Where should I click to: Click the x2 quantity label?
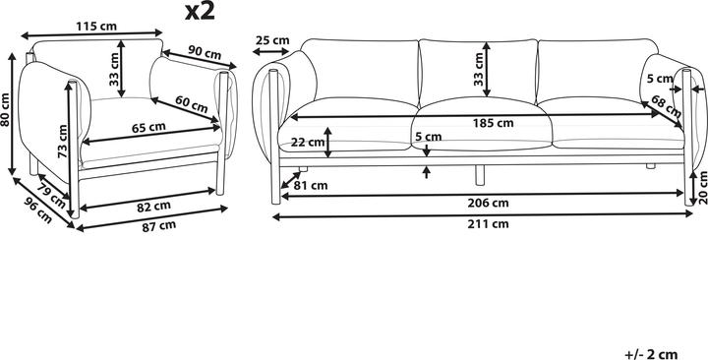(x=201, y=12)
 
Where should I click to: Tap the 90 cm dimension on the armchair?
(x=203, y=51)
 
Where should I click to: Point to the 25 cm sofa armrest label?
(x=272, y=40)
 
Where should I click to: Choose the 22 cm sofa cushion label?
(x=308, y=142)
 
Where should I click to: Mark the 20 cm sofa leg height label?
(x=699, y=185)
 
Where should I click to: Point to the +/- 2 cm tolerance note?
(x=651, y=351)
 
